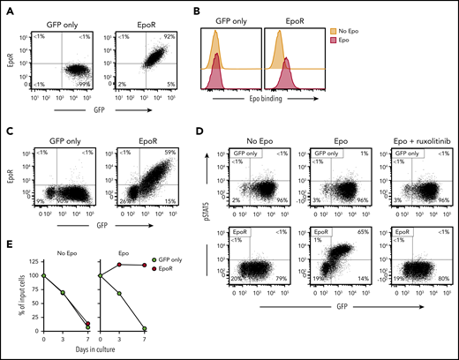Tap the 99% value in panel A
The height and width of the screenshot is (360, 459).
click(86, 84)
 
